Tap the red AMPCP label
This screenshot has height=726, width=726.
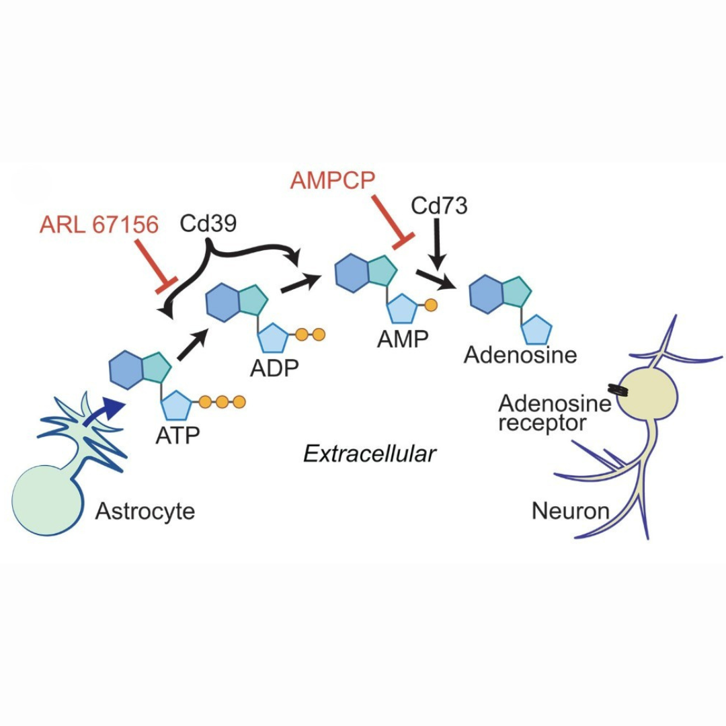click(333, 181)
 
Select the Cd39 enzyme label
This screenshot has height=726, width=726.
click(208, 224)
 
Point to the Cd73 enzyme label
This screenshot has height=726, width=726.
click(439, 206)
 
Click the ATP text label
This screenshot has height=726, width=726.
click(178, 435)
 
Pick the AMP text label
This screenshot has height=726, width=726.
click(403, 339)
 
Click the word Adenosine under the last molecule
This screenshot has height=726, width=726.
click(520, 354)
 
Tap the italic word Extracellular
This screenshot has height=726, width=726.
click(370, 454)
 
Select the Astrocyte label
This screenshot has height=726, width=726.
click(145, 512)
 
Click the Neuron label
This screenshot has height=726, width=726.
click(571, 512)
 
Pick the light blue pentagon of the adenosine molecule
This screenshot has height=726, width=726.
click(536, 331)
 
